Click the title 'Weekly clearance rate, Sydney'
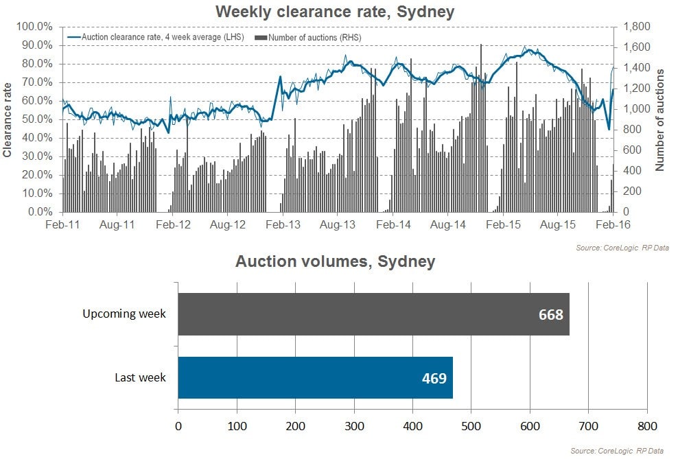[x=334, y=12]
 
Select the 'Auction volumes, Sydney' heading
[x=335, y=261]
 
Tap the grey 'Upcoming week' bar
[x=373, y=314]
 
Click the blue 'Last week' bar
[x=315, y=377]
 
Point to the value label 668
[x=550, y=315]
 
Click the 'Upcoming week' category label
[x=124, y=314]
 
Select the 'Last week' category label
[x=141, y=377]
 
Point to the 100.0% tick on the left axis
[x=34, y=27]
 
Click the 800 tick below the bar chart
[x=647, y=425]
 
